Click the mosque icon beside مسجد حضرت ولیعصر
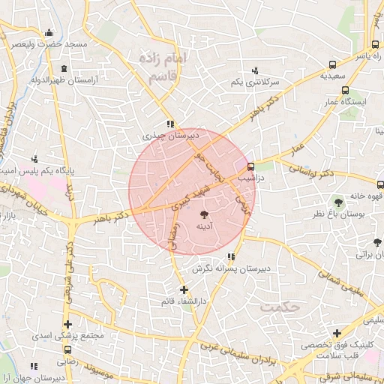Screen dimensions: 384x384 pos(49,32)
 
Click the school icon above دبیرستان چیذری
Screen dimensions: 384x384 pos(172,124)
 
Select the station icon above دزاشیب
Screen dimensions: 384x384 pos(250,166)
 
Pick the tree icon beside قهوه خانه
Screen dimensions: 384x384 pos(339,201)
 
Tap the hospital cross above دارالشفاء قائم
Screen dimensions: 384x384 pos(184,289)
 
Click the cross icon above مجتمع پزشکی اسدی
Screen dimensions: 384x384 pos(69,325)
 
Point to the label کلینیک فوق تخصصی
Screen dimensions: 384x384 pos(332,346)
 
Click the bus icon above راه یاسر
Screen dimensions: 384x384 pos(374,45)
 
